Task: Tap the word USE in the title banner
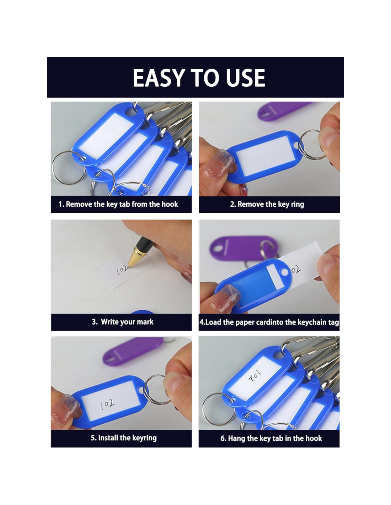click(x=246, y=78)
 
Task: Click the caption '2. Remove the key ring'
click(x=267, y=204)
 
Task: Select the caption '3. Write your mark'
click(x=123, y=322)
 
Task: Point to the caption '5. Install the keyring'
click(x=123, y=438)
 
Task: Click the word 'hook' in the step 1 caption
click(x=170, y=204)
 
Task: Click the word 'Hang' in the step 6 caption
click(x=236, y=438)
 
